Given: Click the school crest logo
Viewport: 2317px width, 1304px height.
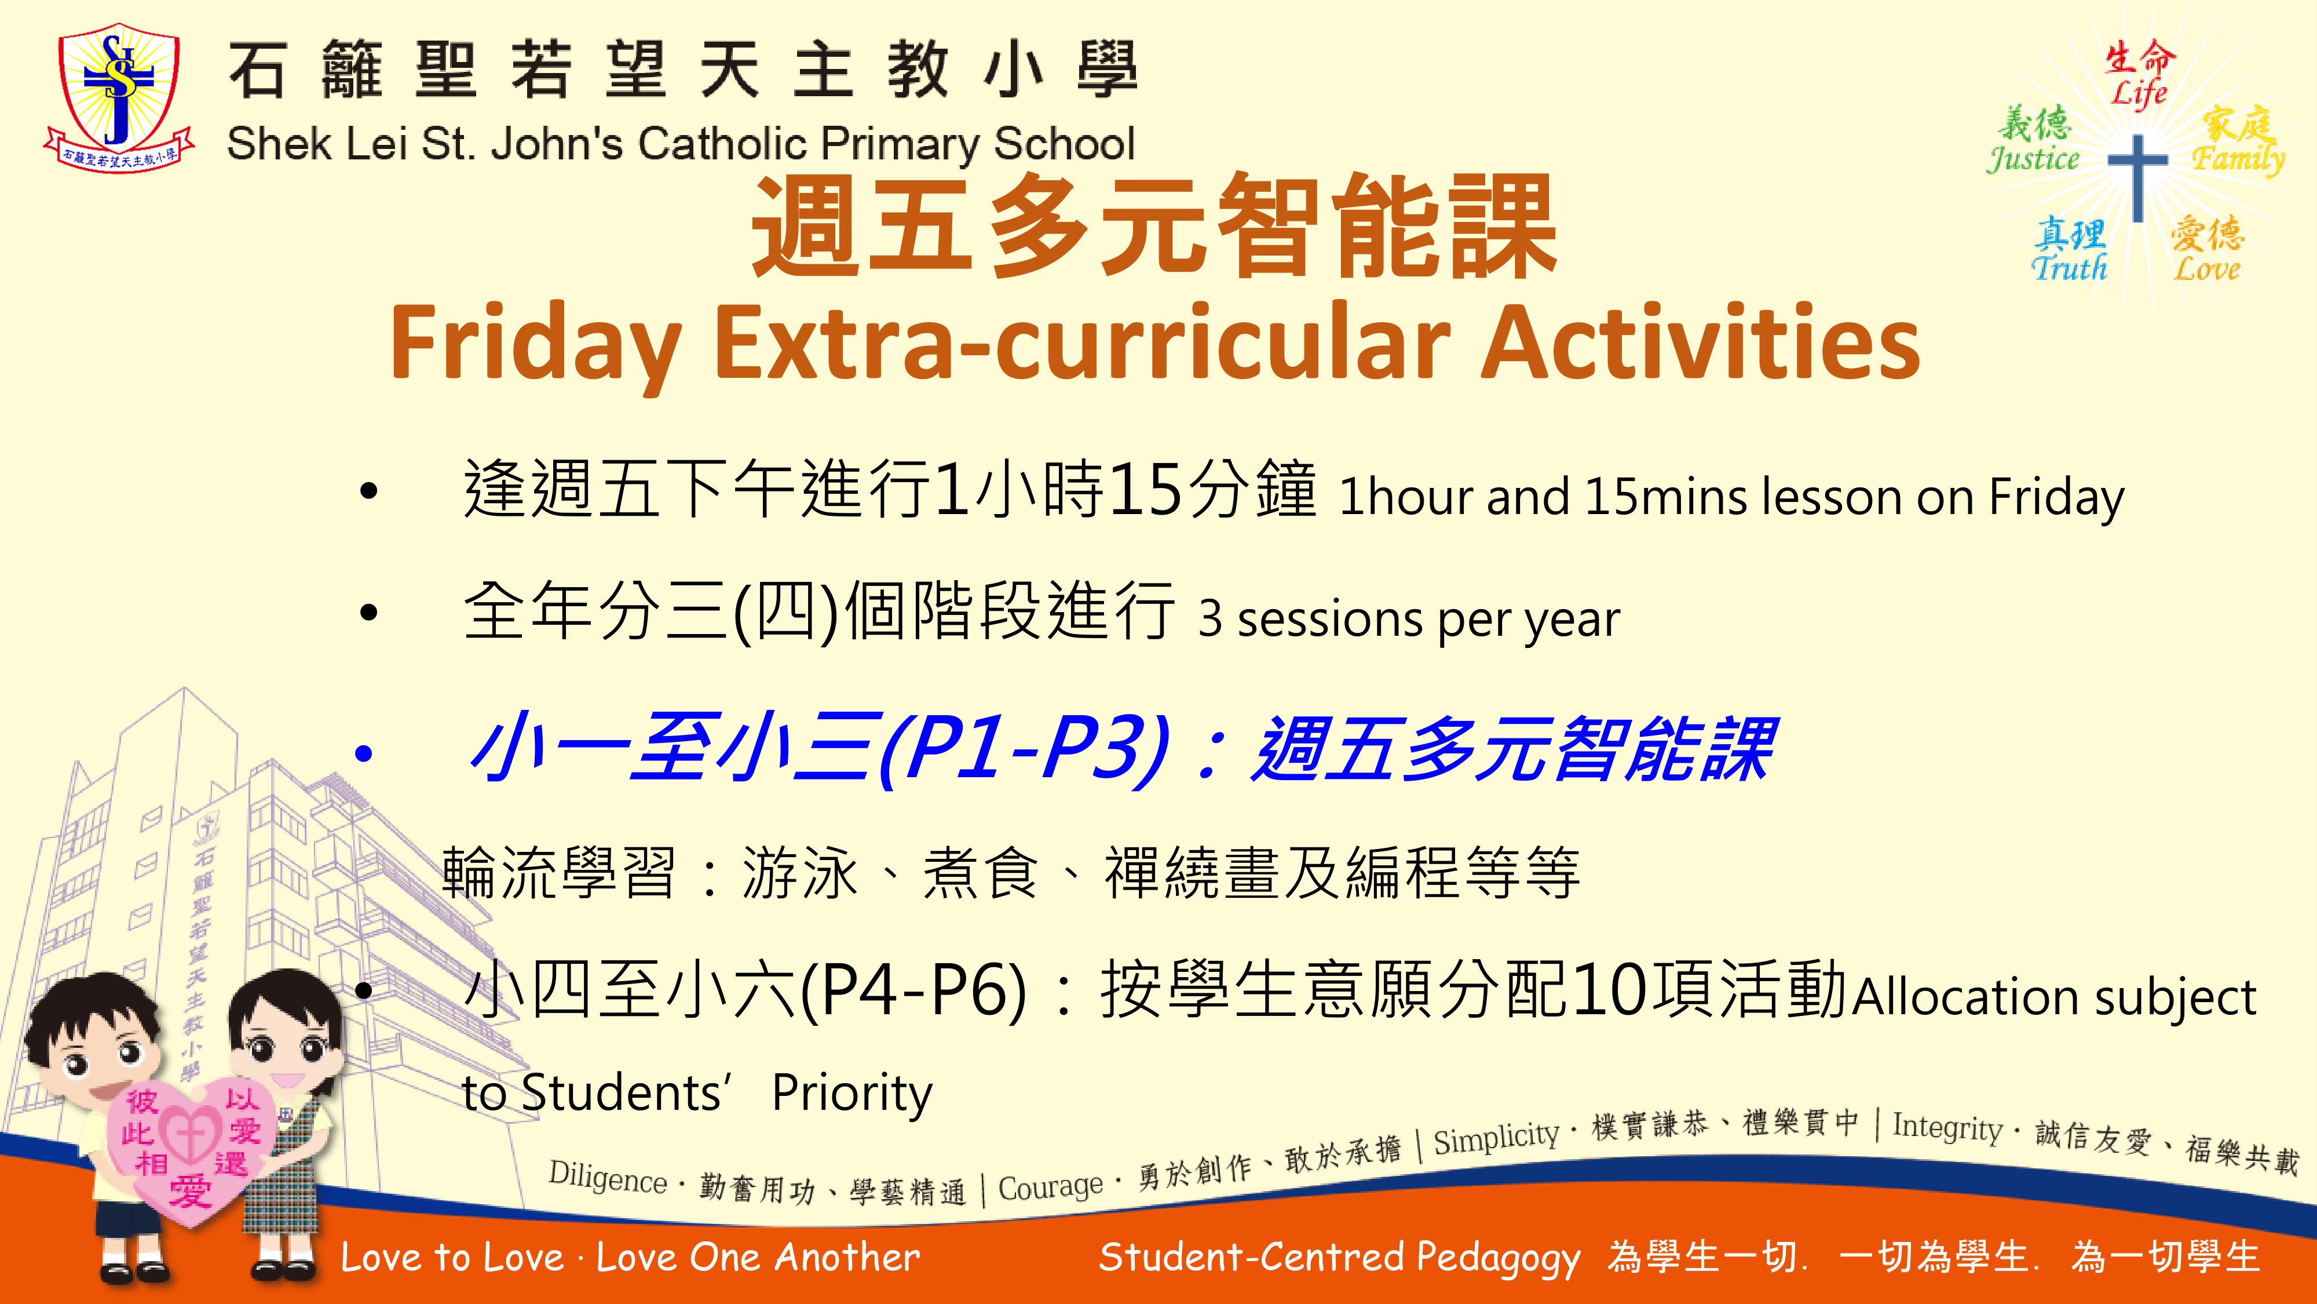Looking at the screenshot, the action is [x=120, y=97].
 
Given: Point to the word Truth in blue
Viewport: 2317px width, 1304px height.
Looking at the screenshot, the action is [x=2069, y=267].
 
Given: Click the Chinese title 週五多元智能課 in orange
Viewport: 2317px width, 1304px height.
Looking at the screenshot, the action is [x=1154, y=226].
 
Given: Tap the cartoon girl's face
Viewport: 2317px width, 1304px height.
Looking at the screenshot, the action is [x=286, y=1053].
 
